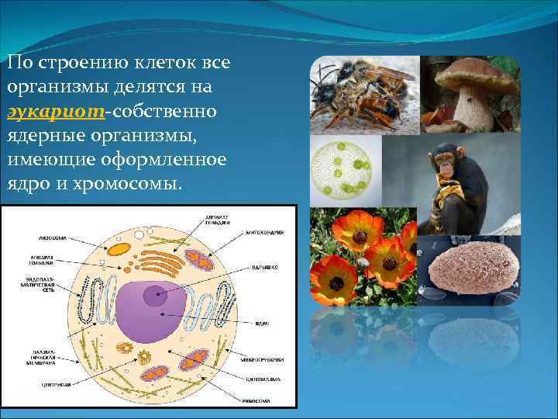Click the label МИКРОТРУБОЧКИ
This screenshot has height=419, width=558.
[x=263, y=359]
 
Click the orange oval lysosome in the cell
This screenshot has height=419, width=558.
[x=119, y=249]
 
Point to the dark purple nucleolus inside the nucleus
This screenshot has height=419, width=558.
[x=155, y=293]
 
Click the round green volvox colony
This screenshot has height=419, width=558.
[x=346, y=168]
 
